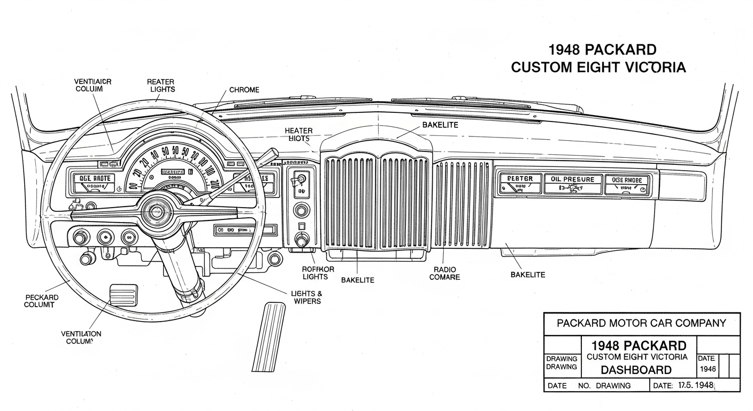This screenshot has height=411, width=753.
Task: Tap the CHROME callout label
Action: (244, 90)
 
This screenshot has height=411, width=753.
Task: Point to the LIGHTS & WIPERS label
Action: (306, 298)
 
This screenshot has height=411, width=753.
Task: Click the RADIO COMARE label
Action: (444, 273)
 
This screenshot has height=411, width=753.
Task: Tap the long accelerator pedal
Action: (269, 337)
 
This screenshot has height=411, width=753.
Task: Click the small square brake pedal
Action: (123, 294)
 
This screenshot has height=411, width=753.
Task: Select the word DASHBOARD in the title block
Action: (635, 370)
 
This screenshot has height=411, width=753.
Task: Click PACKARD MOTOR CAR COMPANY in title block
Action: (641, 323)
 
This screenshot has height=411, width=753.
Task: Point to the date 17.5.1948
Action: (696, 385)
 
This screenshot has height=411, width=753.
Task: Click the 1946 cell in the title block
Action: (708, 369)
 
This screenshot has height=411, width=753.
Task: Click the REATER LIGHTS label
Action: (160, 86)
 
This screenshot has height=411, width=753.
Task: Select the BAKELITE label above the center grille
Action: (440, 125)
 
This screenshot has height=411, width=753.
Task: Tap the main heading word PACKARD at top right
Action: (620, 50)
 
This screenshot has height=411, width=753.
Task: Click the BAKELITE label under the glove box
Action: (528, 275)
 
